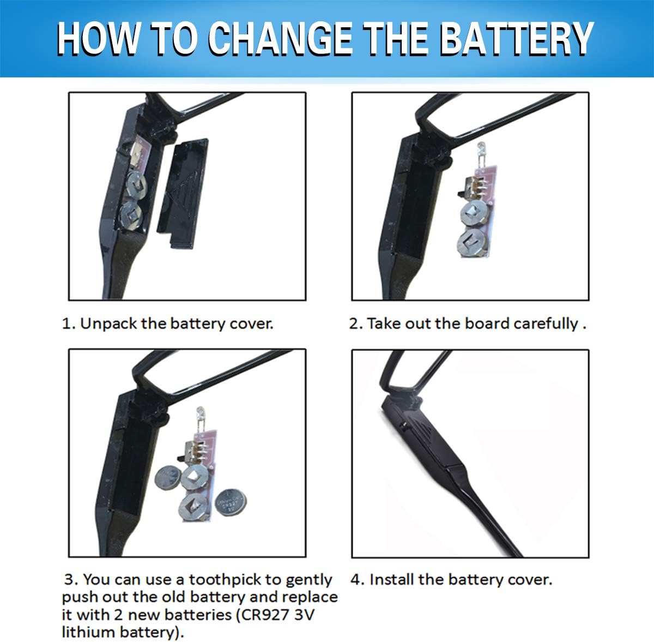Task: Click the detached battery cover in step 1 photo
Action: point(183,193)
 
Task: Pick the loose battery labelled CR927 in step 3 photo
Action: point(231,503)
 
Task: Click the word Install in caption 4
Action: point(391,580)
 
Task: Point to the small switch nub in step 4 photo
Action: point(403,425)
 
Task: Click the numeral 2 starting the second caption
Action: point(354,323)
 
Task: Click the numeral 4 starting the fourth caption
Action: point(355,580)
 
